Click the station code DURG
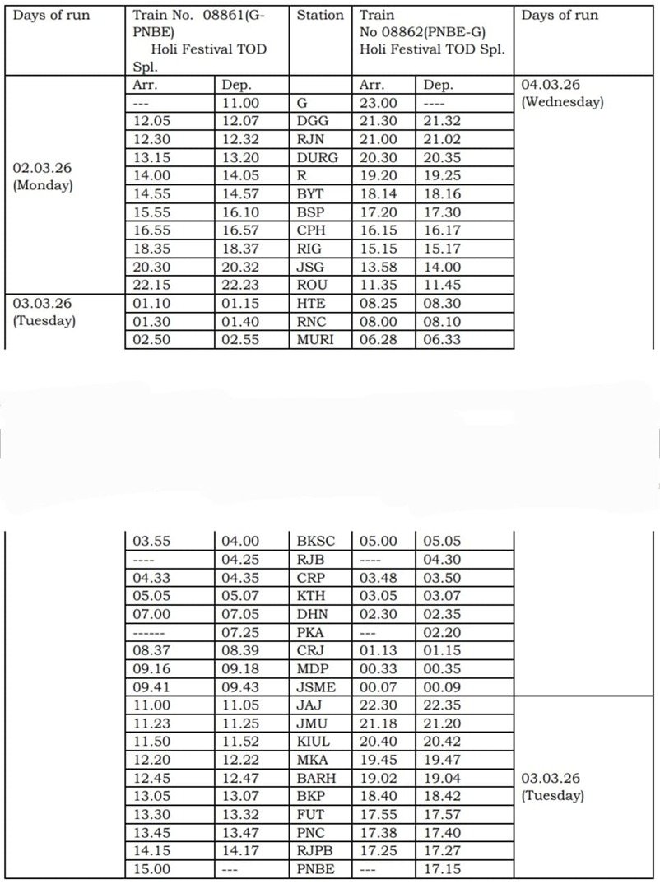pos(316,158)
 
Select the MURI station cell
pos(315,340)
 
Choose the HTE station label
pos(311,304)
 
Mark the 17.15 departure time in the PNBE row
pos(442,870)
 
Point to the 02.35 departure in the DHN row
pos(442,614)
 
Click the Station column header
pos(320,16)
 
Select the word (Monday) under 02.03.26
pos(43,185)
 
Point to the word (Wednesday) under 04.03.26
pos(563,102)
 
